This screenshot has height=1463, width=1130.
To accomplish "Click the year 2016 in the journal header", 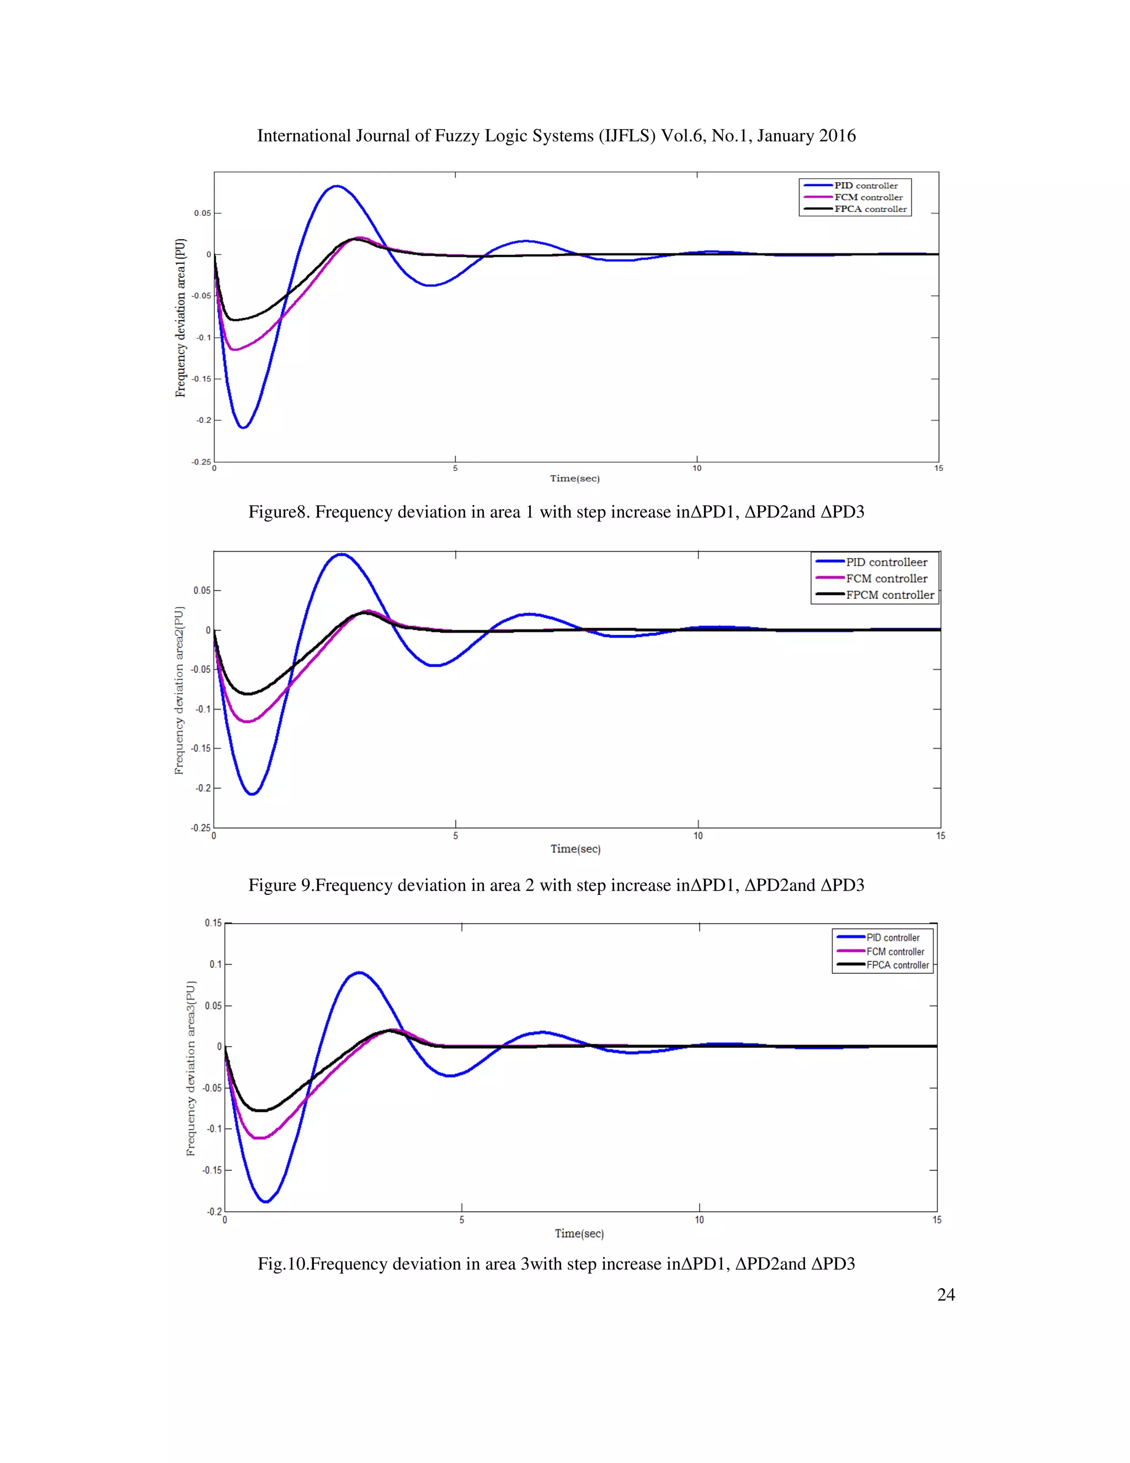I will coord(837,136).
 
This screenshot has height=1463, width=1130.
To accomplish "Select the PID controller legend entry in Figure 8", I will coord(866,185).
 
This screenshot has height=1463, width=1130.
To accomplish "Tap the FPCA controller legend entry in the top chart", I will coord(870,209).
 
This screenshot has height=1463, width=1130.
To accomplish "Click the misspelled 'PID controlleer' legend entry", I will coord(886,562).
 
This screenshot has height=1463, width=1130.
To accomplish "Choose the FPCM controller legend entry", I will coord(889,595).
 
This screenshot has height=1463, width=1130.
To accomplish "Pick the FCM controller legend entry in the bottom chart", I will coord(895,951).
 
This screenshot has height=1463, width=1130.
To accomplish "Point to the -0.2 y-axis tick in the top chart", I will coord(204,420).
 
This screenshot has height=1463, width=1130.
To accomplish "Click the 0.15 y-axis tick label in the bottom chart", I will coord(213,923).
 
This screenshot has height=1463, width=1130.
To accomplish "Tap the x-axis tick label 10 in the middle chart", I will coord(697,835).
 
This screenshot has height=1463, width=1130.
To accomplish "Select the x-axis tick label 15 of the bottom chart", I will coord(936,1220).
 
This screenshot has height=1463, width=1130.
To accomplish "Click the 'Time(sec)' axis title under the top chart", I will coord(574,478).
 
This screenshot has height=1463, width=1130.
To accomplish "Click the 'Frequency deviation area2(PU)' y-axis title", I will coord(179,690).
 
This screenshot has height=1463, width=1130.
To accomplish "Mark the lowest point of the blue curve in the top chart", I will coord(244,427).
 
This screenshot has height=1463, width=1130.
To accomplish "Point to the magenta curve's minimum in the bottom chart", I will coord(260,1138).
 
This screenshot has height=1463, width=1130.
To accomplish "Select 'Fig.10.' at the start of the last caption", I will coord(282,1264).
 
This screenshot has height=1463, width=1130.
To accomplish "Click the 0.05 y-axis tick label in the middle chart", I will coord(201,590).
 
